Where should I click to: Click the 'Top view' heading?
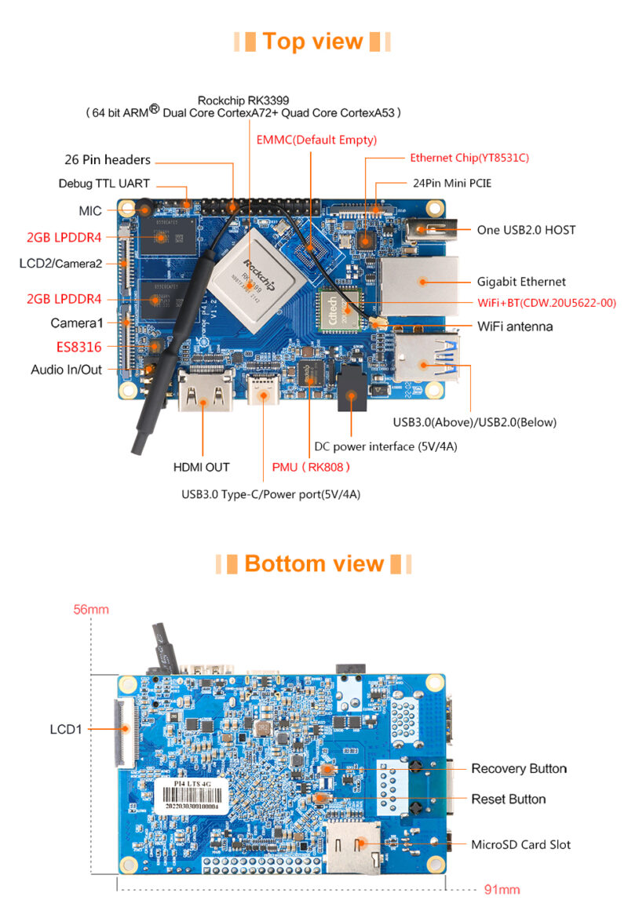(x=312, y=41)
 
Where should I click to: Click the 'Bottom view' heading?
(x=313, y=563)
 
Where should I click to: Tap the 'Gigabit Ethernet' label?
(x=521, y=281)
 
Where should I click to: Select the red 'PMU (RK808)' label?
(x=310, y=467)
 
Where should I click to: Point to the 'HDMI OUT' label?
(x=201, y=467)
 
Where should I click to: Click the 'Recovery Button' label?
(x=519, y=768)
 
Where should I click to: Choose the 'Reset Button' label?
(x=508, y=799)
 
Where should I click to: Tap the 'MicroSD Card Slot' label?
(x=520, y=844)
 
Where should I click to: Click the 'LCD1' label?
(x=66, y=729)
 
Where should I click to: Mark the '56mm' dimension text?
(x=91, y=609)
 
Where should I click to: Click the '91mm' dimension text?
(x=502, y=889)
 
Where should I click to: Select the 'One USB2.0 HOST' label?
(x=526, y=230)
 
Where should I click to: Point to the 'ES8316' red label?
(x=78, y=345)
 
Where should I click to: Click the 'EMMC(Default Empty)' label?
(x=317, y=140)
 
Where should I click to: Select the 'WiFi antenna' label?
(x=515, y=326)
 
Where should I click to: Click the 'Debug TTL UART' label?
(x=104, y=184)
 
